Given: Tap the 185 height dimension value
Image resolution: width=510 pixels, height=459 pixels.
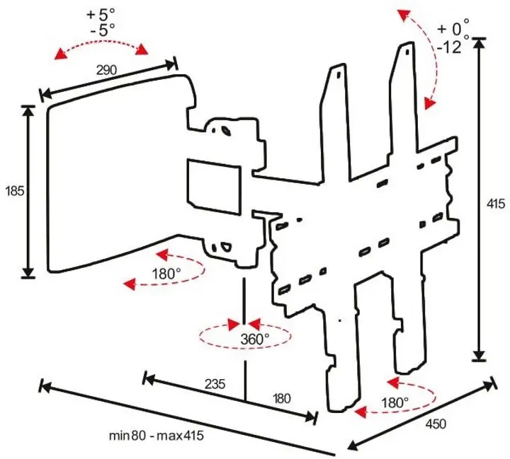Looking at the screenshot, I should (x=13, y=191).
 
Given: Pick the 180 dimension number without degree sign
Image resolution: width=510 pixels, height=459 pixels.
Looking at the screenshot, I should (x=281, y=399).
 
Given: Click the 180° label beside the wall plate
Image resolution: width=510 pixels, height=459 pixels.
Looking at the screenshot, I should (x=166, y=274).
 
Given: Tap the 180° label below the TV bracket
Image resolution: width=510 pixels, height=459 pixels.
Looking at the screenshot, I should (x=394, y=402).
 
